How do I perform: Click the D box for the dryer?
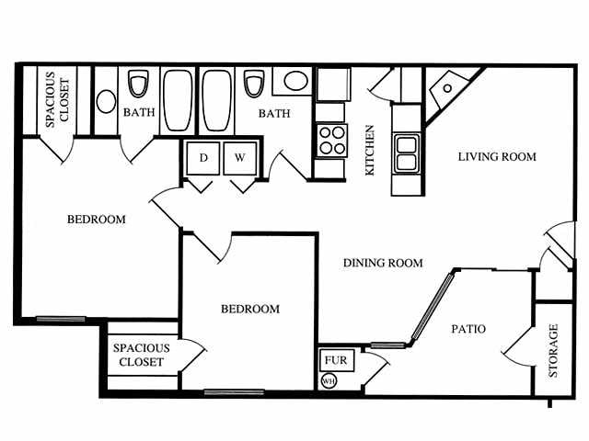203,158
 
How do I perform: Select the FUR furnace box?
331,360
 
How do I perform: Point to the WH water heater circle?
328,380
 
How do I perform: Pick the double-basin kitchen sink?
406,153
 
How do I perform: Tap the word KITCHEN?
370,151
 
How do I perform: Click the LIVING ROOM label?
497,156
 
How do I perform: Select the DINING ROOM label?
383,263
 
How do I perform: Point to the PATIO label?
468,329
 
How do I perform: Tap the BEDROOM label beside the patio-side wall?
249,309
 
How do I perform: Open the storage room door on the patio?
517,347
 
